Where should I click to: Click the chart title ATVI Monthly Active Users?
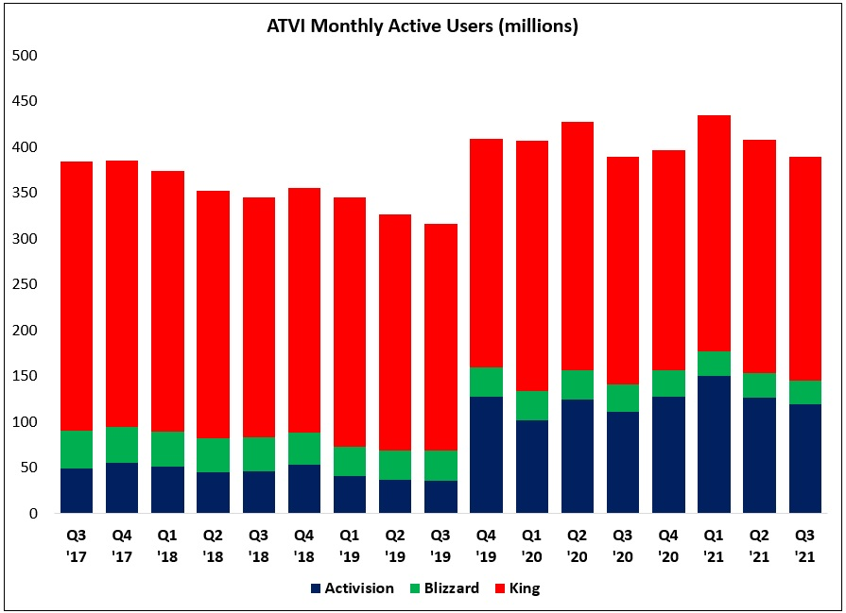point(423,26)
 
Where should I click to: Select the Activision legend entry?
point(353,588)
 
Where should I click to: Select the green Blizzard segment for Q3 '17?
point(77,450)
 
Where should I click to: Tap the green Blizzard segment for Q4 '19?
point(487,382)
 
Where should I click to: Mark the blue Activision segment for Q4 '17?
point(122,487)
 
